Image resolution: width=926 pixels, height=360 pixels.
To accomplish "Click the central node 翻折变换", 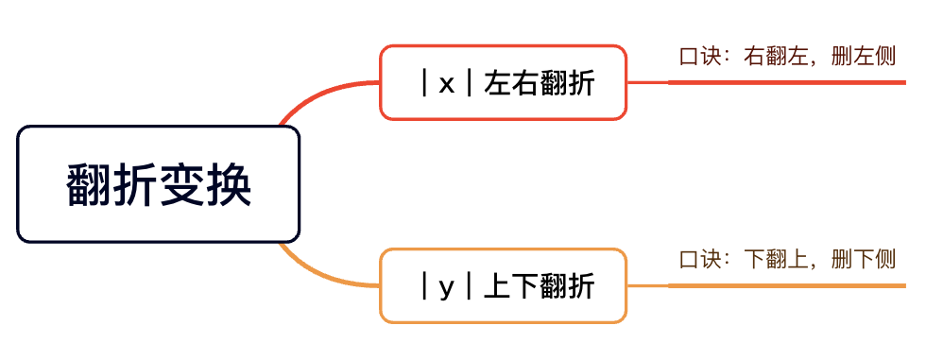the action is (x=159, y=184).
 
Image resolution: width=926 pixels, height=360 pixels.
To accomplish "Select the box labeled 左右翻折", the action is (x=503, y=82).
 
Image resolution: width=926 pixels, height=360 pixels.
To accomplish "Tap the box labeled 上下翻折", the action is (x=503, y=285).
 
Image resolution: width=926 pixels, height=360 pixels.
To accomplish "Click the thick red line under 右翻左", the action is (x=786, y=82).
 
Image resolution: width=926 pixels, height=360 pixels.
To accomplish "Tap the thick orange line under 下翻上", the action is (x=786, y=286).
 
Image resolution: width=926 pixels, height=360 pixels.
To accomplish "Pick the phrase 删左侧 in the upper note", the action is (x=864, y=57).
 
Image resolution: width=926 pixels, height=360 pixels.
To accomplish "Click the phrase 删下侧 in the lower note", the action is (x=864, y=260).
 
